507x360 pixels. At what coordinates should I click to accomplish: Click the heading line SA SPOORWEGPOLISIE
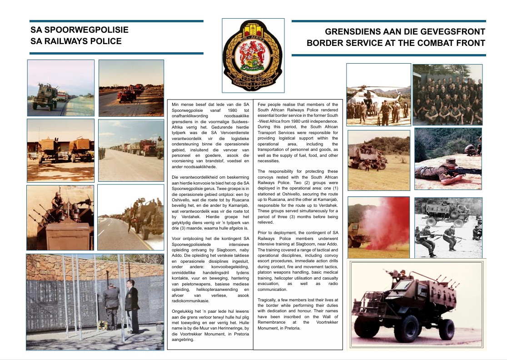pos(80,30)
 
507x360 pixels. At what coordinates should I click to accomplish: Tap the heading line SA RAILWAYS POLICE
pos(76,41)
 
